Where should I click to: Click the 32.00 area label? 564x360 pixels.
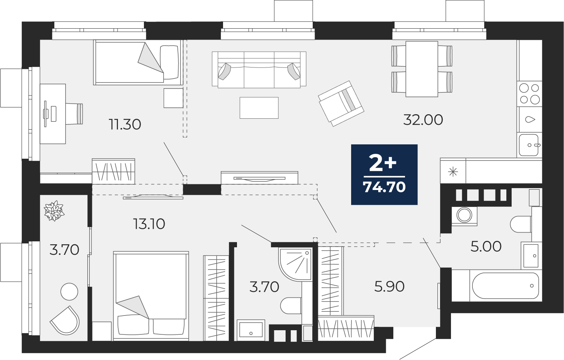tap(423, 120)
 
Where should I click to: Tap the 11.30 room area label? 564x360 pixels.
tap(125, 124)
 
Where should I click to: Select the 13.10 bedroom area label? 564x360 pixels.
tap(149, 224)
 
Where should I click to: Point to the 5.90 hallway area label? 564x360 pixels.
tap(389, 287)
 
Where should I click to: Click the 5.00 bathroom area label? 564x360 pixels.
tap(486, 247)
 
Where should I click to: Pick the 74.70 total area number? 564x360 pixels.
tap(384, 187)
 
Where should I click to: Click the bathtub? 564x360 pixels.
tap(506, 286)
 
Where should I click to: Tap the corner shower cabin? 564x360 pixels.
tap(295, 263)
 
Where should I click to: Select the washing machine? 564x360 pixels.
tap(464, 216)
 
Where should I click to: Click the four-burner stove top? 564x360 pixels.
tap(529, 94)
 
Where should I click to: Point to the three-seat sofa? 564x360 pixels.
tap(259, 70)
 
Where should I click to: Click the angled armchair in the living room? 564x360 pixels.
tap(341, 104)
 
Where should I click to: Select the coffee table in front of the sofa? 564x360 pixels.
tap(259, 108)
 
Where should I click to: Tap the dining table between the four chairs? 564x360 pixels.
tap(422, 69)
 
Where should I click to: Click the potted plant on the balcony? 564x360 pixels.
tap(53, 211)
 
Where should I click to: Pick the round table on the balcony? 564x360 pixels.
tap(69, 291)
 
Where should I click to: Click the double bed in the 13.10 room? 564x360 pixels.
tap(151, 296)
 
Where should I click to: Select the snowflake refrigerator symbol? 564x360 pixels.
tap(453, 172)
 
